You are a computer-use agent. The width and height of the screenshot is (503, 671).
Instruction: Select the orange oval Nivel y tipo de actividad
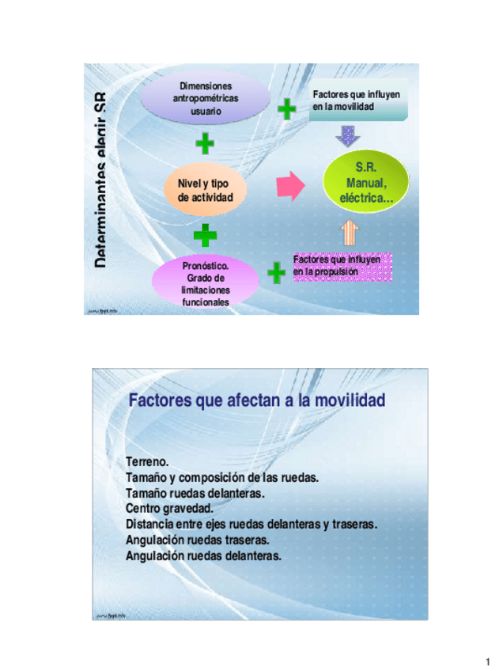[205, 190]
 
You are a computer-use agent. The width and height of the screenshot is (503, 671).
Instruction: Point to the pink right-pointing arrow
[290, 186]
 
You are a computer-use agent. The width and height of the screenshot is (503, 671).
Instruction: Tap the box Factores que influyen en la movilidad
[357, 100]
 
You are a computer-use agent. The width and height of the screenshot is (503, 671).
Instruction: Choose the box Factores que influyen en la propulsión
[341, 266]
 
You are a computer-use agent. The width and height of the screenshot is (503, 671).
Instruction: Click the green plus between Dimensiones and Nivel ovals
[205, 143]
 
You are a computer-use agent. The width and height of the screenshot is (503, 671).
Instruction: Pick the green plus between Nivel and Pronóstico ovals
[205, 235]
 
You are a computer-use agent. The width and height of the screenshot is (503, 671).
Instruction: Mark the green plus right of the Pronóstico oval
[276, 273]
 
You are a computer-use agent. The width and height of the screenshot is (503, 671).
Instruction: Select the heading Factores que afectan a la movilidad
[257, 401]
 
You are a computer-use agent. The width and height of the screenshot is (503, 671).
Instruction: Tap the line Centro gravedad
[169, 509]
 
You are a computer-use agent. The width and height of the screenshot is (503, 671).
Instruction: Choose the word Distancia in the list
[152, 525]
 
